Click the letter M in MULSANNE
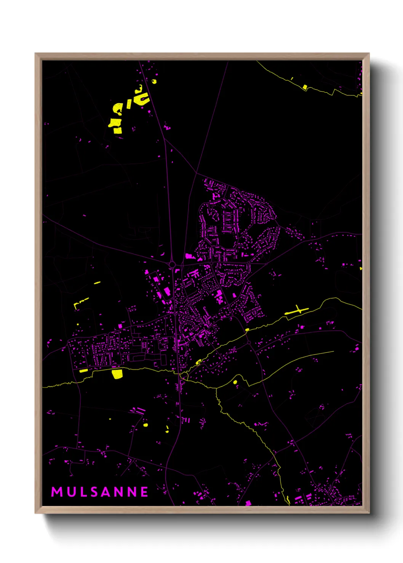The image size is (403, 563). pos(57,492)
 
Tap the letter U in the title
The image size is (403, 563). pos(71,492)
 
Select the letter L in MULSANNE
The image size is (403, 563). pos(83,492)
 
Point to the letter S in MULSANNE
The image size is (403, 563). pos(95,492)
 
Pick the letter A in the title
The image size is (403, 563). pos(107,492)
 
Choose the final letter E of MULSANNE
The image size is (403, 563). pos(144,492)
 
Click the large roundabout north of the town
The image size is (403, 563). pos(172,264)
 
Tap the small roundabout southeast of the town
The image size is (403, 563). pos(249,342)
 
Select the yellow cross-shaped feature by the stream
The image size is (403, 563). pos(298,310)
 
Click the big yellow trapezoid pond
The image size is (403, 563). pos(117,374)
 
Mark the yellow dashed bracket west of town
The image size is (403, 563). pos(80,303)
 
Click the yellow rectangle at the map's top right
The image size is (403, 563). pos(305,87)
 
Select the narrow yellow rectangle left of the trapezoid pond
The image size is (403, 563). pos(83,370)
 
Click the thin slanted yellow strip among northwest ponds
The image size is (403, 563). pos(129,103)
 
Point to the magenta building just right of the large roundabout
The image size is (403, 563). pos(189,256)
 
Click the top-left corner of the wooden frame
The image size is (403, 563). pos(35,54)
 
